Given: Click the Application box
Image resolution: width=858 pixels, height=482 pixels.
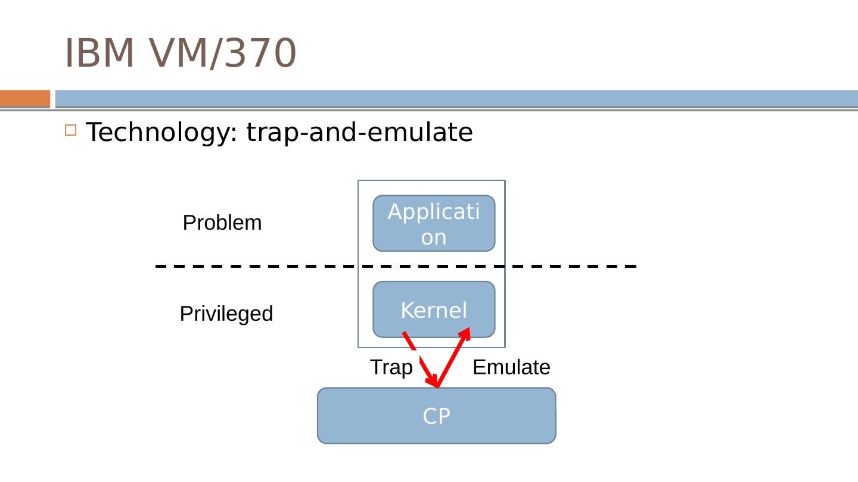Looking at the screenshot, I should [434, 223].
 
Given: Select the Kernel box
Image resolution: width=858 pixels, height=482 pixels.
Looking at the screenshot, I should [434, 309].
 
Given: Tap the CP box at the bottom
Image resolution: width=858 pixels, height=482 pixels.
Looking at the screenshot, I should [436, 416].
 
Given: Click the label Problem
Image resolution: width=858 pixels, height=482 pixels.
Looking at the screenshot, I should [222, 223].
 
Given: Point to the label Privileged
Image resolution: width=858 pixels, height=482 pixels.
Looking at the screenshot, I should [226, 314].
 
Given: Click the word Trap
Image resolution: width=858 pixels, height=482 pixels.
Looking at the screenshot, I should [391, 368].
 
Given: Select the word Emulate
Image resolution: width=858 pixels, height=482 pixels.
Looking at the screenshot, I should [511, 368].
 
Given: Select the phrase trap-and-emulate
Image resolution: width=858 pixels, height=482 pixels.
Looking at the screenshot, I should [359, 132].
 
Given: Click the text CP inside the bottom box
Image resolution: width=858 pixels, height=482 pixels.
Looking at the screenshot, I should [436, 417].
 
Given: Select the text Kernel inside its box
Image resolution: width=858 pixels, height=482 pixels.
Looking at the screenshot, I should [434, 310].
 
